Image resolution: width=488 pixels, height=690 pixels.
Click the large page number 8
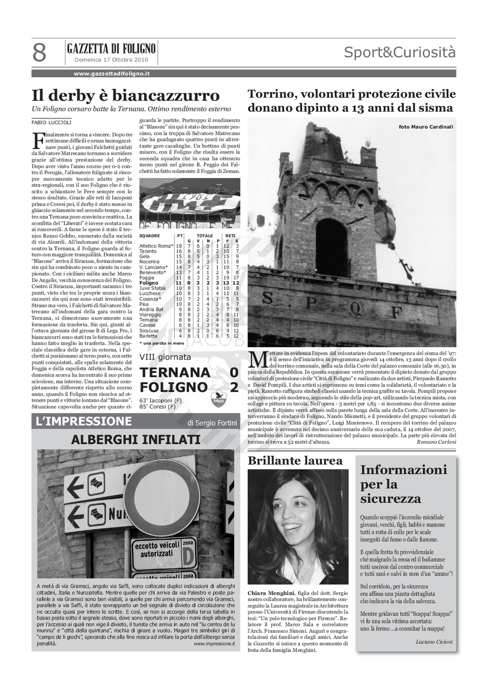tap(39, 53)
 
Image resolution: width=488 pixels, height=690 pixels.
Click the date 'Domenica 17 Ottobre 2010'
tap(111, 60)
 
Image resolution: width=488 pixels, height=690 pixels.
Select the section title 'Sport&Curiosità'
tap(400, 52)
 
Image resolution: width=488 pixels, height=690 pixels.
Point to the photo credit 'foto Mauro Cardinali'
tap(426, 127)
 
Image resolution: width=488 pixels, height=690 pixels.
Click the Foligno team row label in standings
tap(149, 283)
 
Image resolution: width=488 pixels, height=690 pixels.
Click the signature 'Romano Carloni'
tap(436, 442)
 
